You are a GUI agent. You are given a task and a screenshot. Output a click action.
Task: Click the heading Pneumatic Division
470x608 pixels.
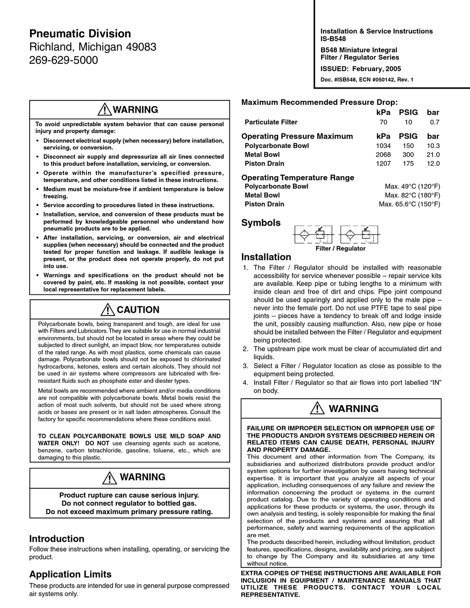click(x=80, y=34)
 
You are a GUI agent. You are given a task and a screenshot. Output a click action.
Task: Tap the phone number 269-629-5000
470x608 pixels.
click(x=63, y=60)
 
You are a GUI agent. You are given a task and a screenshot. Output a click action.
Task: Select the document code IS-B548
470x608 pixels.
click(x=333, y=39)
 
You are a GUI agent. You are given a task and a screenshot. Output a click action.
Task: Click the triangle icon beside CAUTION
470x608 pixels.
click(x=107, y=310)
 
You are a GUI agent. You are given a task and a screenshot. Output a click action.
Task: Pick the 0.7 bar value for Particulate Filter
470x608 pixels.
click(x=434, y=122)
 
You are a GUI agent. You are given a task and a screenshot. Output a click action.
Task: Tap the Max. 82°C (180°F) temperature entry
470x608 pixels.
click(x=412, y=195)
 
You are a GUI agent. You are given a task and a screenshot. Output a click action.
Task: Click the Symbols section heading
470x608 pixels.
click(x=261, y=223)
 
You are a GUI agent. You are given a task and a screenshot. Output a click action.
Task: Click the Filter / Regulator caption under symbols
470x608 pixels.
click(x=340, y=248)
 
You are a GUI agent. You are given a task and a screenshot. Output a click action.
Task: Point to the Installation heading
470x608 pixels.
click(x=266, y=257)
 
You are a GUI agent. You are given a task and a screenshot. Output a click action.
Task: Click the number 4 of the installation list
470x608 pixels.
click(x=245, y=382)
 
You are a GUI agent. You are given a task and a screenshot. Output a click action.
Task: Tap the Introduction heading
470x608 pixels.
click(x=57, y=539)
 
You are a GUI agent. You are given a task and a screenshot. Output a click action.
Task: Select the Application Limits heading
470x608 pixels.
click(x=70, y=574)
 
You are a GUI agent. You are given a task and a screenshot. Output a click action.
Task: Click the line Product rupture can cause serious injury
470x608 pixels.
click(x=129, y=495)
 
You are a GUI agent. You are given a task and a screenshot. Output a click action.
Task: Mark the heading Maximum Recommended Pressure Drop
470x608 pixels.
click(x=319, y=102)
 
